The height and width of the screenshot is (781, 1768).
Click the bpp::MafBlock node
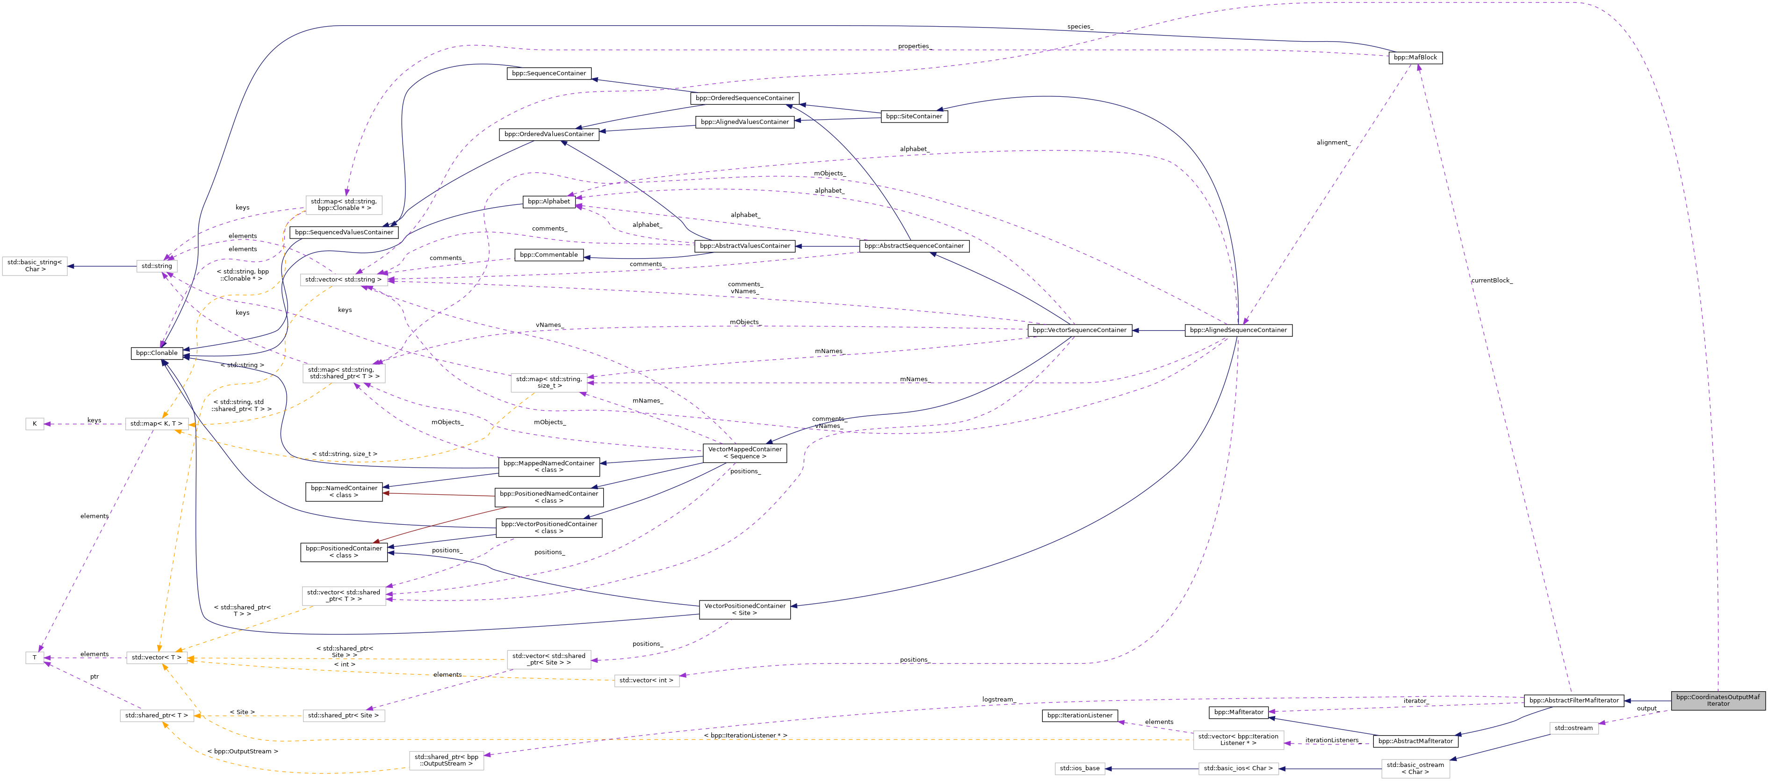[1415, 58]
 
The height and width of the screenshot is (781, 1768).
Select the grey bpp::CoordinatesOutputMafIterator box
[1718, 700]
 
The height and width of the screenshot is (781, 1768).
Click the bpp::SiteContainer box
[914, 116]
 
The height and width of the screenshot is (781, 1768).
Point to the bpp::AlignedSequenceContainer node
[1238, 330]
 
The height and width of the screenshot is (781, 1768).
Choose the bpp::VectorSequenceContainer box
[1079, 330]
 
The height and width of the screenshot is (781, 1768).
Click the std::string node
[157, 266]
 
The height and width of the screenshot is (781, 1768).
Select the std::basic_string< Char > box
[34, 266]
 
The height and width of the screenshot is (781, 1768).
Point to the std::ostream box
[1573, 728]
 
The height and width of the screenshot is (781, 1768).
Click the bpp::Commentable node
[548, 254]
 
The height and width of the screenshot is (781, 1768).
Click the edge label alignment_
[1333, 143]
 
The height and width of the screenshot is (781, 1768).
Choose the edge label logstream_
[998, 699]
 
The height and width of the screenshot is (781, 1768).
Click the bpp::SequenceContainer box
[548, 73]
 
